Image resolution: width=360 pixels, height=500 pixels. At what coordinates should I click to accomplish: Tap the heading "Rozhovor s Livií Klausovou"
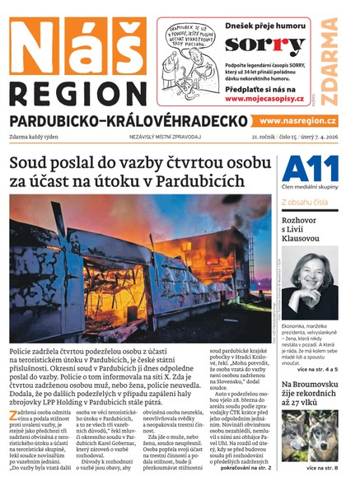[304, 227]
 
